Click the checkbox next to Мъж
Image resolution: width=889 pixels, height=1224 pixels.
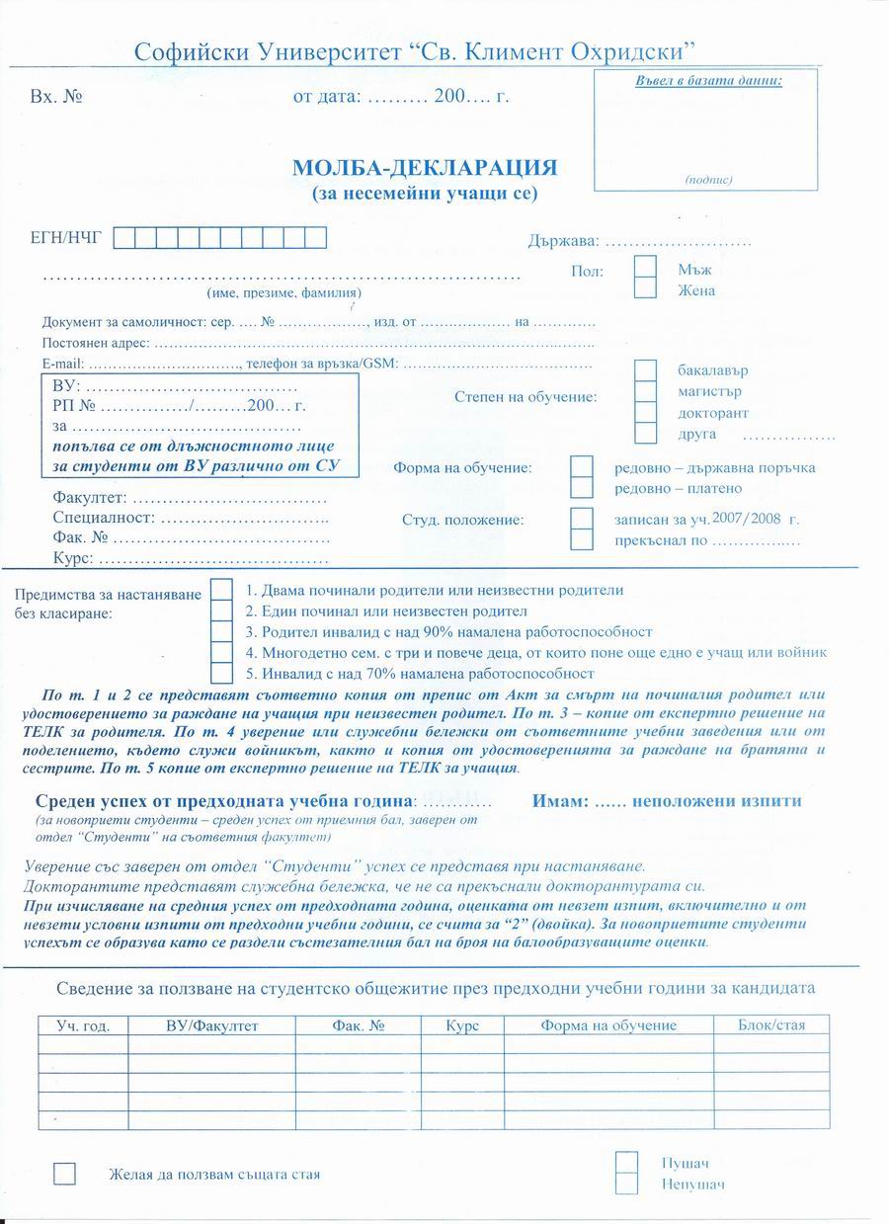coord(645,267)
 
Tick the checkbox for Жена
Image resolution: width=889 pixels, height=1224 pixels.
coord(645,288)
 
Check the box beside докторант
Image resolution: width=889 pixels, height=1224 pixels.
coord(645,413)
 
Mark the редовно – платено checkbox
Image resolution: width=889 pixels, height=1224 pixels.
coord(583,488)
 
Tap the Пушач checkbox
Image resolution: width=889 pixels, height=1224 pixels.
coord(626,1162)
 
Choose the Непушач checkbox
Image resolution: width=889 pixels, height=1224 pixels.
coord(626,1183)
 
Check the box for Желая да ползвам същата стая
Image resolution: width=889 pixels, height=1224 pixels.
coord(64,1174)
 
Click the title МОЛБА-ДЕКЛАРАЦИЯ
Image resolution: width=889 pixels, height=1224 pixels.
coord(425,167)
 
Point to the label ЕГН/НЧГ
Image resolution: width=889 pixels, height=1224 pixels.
coord(66,237)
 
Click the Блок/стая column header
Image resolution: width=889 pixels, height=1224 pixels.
coord(771,1025)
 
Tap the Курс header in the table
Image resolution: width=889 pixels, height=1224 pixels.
coord(461,1025)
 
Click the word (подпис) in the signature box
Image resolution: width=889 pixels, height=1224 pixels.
coord(707,180)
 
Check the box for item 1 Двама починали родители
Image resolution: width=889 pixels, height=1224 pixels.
coord(222,590)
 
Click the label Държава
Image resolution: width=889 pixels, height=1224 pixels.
coord(562,241)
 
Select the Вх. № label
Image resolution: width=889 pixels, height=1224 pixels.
coord(55,98)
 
